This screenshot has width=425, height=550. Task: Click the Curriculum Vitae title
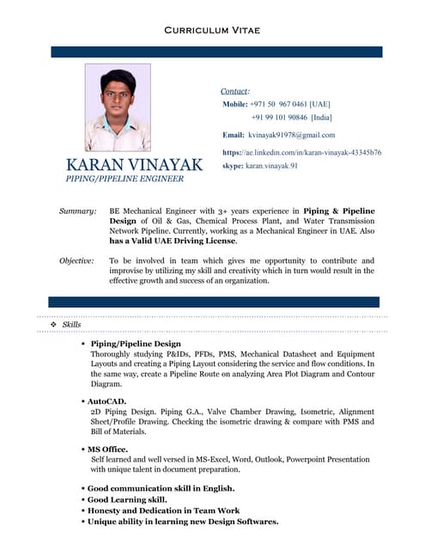pyautogui.click(x=211, y=31)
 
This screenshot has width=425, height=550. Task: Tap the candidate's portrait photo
pyautogui.click(x=118, y=107)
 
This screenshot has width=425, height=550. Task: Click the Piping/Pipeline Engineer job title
pyautogui.click(x=125, y=179)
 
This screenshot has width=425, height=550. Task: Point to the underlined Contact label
pyautogui.click(x=234, y=90)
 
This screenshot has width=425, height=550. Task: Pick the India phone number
pyautogui.click(x=291, y=117)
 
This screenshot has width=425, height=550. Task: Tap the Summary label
pyautogui.click(x=77, y=211)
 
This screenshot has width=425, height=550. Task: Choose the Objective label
pyautogui.click(x=76, y=260)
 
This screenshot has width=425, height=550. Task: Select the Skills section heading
pyautogui.click(x=72, y=324)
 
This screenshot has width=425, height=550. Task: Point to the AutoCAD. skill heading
pyautogui.click(x=106, y=401)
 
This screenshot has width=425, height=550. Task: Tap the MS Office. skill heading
pyautogui.click(x=107, y=449)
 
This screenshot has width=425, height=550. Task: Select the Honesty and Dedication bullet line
pyautogui.click(x=162, y=510)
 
